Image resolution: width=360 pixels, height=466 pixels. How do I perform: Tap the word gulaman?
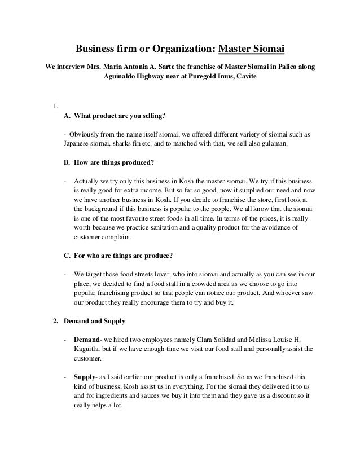coord(272,144)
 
